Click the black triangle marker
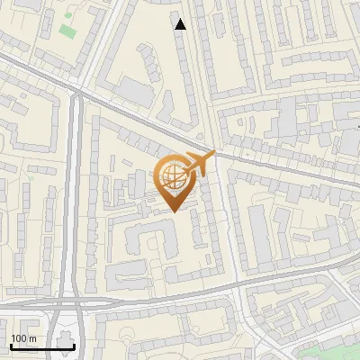(x=181, y=24)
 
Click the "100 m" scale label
(x=23, y=339)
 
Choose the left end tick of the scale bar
(x=10, y=344)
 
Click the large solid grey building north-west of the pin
(x=136, y=90)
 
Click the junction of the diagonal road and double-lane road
(x=77, y=89)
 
